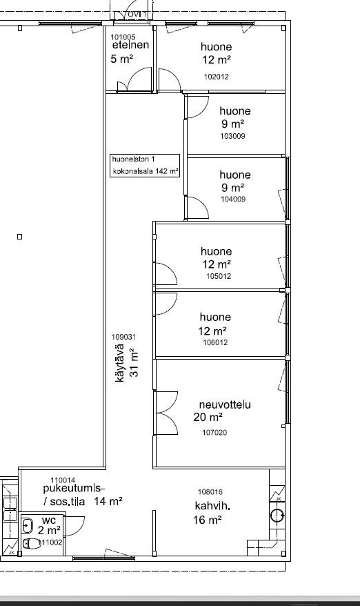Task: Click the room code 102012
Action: point(217,77)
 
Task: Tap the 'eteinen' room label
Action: point(130,45)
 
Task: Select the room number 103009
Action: point(232,136)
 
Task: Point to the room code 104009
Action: point(233,199)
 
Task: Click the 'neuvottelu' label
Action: point(225,404)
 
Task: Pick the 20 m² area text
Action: point(208,418)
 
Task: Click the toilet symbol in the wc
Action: point(32,544)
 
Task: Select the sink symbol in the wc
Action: point(28,526)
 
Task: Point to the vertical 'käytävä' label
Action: point(120,363)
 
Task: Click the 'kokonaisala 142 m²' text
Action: point(146,170)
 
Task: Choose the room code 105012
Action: point(219,276)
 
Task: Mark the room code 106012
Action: point(215,342)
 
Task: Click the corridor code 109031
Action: point(123,337)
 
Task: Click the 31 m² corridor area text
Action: point(134,362)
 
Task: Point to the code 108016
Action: point(210,492)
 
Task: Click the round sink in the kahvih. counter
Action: point(277,515)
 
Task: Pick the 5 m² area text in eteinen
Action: point(121,59)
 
